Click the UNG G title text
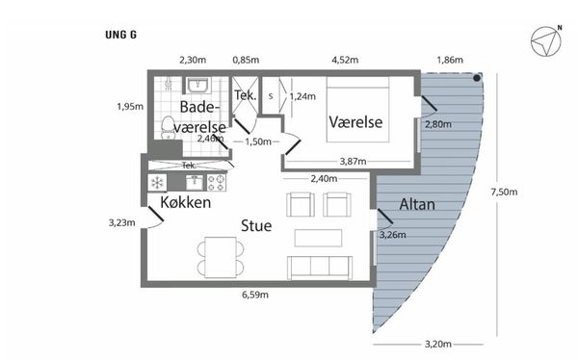(x=120, y=35)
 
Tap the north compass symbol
(x=546, y=41)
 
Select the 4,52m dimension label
(x=345, y=60)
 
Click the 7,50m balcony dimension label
(x=504, y=192)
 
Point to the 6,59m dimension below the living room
(x=255, y=295)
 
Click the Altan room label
(x=417, y=204)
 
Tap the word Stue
(x=256, y=225)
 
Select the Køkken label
(x=185, y=202)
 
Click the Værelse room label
(x=355, y=122)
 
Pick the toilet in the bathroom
(x=168, y=127)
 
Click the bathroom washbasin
(x=197, y=86)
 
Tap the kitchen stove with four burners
(x=217, y=183)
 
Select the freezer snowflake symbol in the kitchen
(x=157, y=182)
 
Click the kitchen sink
(x=195, y=182)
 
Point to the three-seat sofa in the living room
(x=320, y=268)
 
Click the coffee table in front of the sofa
(x=318, y=238)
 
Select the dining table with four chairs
(x=221, y=257)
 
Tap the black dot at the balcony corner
(x=477, y=78)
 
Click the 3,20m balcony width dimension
(x=438, y=345)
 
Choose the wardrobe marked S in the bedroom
(x=271, y=95)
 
